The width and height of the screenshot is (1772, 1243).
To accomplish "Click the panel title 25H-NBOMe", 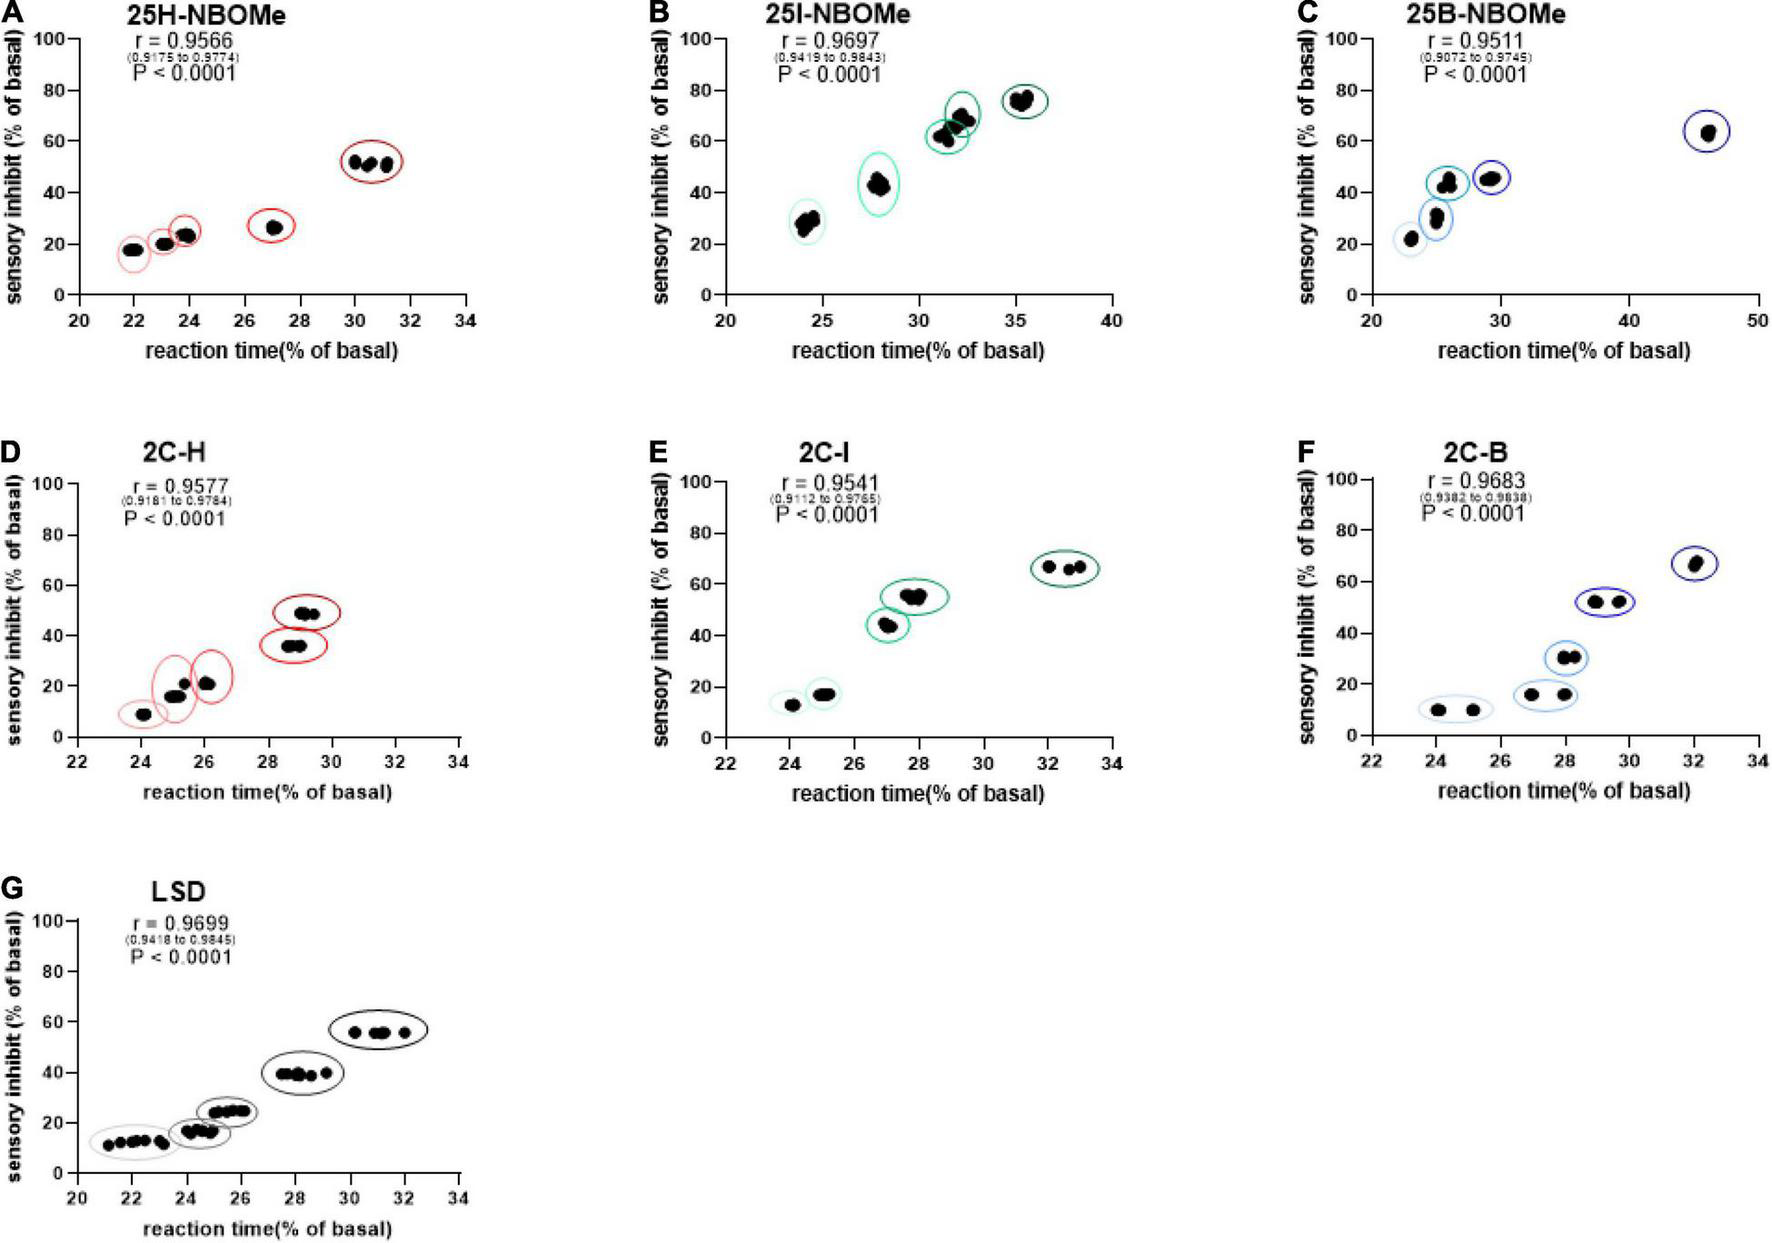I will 206,16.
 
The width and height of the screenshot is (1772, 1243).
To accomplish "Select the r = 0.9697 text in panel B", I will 830,41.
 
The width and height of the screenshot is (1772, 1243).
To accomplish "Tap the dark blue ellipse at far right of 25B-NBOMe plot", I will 1706,132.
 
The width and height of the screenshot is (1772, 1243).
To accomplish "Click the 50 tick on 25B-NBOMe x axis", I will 1757,321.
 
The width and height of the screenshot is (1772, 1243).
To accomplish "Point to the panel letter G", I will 11,889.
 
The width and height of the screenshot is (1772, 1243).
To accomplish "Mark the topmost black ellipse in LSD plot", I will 378,1031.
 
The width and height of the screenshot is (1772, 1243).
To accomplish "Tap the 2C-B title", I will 1478,452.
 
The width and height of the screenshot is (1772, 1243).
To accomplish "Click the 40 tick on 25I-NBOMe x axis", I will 1111,321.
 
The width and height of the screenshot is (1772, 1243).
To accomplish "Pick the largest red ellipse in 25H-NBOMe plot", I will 371,162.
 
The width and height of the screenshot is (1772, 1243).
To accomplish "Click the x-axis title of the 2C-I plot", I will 917,793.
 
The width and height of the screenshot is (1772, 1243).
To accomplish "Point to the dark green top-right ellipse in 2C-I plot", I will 1064,568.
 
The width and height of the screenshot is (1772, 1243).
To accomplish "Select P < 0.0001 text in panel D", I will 175,519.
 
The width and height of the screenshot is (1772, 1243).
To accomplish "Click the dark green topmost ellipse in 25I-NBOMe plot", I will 1024,101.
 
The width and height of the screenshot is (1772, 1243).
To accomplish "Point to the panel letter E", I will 657,452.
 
